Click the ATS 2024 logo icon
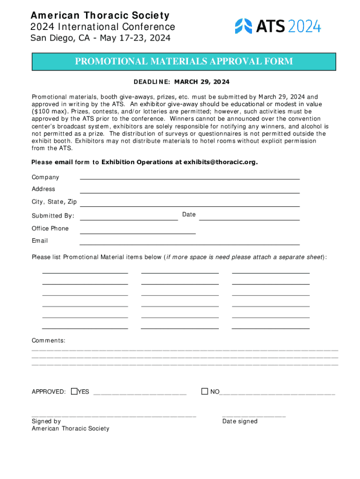point(243,26)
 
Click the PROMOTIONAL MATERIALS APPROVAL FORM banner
point(183,62)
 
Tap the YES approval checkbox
point(74,391)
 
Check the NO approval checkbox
point(204,391)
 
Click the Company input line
point(189,178)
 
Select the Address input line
point(189,192)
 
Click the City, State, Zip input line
point(189,205)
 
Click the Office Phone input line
point(137,232)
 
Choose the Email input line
point(189,244)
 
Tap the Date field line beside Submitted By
point(249,219)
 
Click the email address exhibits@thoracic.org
point(220,162)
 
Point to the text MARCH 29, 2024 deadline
point(202,82)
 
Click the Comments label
point(48,341)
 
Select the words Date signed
point(240,421)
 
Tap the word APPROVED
point(48,392)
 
